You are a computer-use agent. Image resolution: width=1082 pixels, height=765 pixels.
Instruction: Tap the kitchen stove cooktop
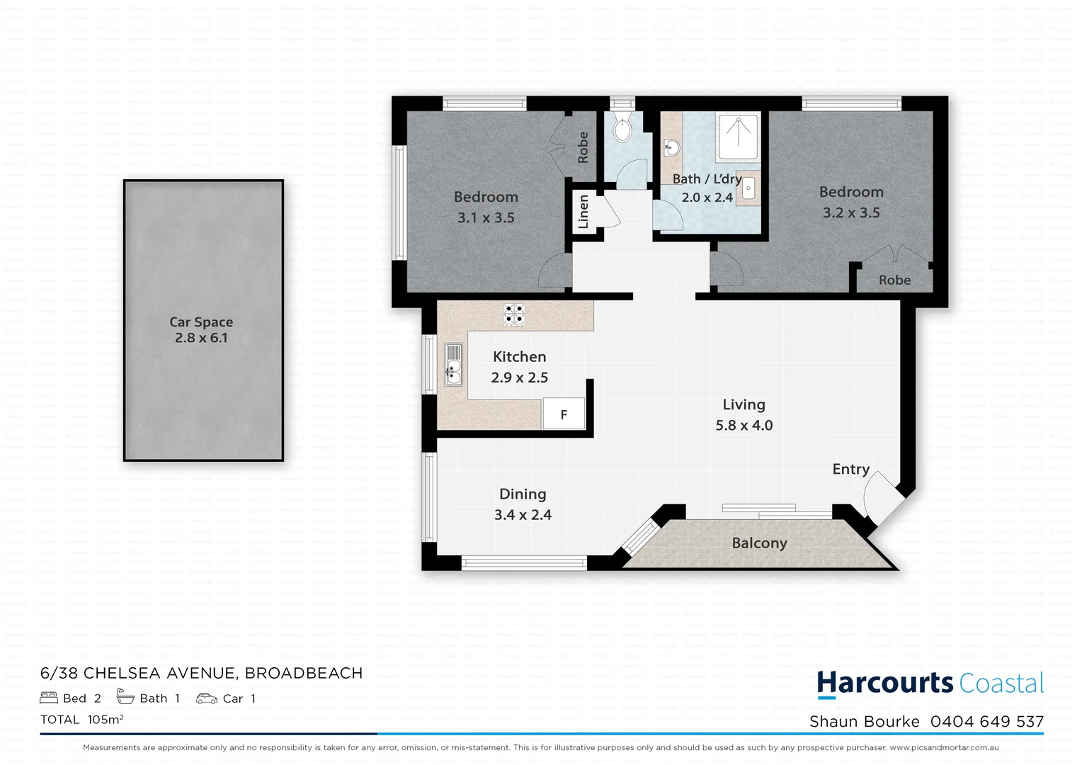pyautogui.click(x=514, y=314)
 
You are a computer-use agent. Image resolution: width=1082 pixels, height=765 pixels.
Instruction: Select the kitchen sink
pyautogui.click(x=453, y=364)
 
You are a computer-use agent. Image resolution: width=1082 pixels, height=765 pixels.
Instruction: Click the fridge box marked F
pyautogui.click(x=564, y=414)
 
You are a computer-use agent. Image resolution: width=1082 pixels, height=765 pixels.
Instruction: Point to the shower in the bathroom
pyautogui.click(x=738, y=136)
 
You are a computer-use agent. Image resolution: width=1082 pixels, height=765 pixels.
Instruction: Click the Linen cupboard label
pyautogui.click(x=583, y=211)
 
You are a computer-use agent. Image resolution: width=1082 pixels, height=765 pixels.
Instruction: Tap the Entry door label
pyautogui.click(x=850, y=469)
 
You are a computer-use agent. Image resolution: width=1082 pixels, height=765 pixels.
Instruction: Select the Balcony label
pyautogui.click(x=759, y=543)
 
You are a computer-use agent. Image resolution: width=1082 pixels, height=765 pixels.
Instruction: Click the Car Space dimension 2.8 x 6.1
pyautogui.click(x=201, y=338)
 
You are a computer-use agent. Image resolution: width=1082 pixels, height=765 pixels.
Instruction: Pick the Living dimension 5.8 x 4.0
pyautogui.click(x=744, y=425)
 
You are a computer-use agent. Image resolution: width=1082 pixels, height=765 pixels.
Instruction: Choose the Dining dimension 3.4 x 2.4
pyautogui.click(x=523, y=515)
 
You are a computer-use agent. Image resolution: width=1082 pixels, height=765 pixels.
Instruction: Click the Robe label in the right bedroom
pyautogui.click(x=894, y=280)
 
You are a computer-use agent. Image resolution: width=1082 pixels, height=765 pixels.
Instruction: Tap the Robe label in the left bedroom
pyautogui.click(x=583, y=147)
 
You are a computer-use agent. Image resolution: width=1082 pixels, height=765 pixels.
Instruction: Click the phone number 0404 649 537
pyautogui.click(x=986, y=721)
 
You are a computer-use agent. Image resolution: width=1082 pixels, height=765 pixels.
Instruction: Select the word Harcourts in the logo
pyautogui.click(x=884, y=683)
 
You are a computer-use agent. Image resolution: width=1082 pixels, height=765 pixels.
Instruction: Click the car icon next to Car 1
pyautogui.click(x=206, y=698)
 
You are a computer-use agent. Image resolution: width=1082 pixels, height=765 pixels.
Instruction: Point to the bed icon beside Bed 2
pyautogui.click(x=49, y=698)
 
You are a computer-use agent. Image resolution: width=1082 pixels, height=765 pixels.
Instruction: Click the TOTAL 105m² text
pyautogui.click(x=82, y=720)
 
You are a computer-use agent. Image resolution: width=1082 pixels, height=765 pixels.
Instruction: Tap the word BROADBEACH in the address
pyautogui.click(x=304, y=673)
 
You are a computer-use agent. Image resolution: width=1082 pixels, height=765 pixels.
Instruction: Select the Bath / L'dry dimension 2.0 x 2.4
pyautogui.click(x=707, y=198)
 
